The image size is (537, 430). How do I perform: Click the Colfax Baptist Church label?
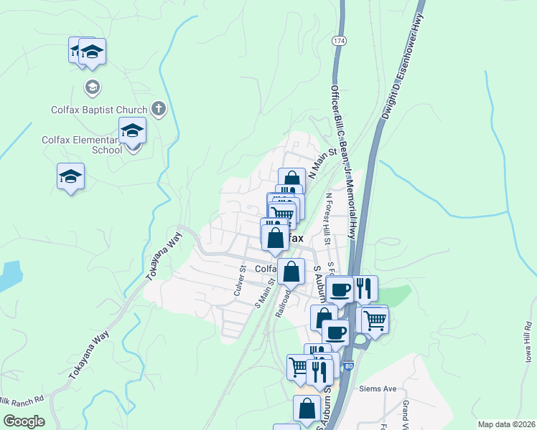tap(99, 110)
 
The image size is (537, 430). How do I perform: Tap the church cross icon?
tap(159, 110)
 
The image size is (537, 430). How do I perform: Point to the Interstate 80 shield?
tap(347, 366)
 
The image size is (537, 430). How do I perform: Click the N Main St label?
tap(322, 163)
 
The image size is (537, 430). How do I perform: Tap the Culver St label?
tap(240, 280)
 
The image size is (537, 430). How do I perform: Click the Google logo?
tap(24, 421)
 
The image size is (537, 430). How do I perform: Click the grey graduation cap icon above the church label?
tap(91, 87)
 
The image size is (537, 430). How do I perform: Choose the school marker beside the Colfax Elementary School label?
tap(133, 132)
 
